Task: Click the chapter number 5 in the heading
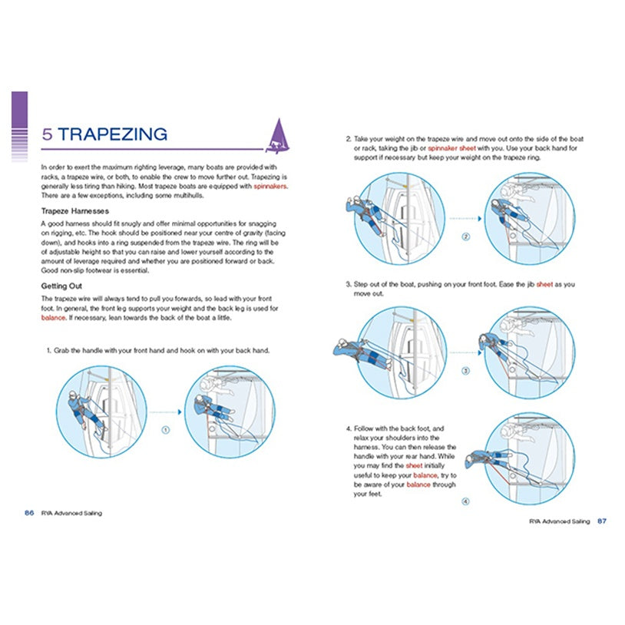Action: point(47,134)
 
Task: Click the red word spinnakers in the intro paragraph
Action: point(270,186)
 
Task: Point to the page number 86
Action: point(28,513)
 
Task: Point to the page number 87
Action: point(602,521)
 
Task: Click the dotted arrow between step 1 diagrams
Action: point(164,412)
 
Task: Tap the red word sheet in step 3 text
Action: point(544,284)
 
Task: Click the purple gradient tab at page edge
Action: point(20,126)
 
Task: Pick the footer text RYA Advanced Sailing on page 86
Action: point(71,513)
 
